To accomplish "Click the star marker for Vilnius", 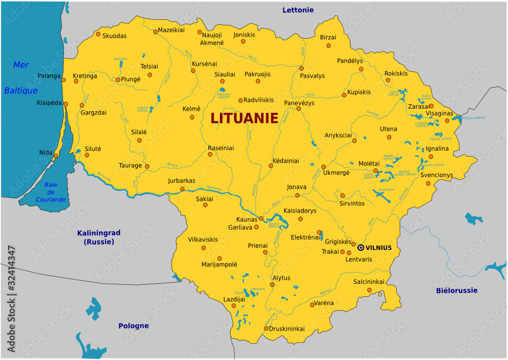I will coord(361,248).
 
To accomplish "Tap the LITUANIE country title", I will coord(244,118).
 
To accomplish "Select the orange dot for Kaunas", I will coord(261,219).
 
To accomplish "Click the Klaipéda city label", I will coord(49,102).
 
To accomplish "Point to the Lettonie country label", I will coord(298,10).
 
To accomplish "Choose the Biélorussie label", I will coord(457,290).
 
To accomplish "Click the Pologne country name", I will coord(134,325).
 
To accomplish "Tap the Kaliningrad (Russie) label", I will coord(99,237).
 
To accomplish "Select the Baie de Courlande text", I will coord(50,192).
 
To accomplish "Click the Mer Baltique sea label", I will coord(21,78).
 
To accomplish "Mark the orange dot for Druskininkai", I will coord(266,328).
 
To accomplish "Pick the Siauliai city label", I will coord(225,74).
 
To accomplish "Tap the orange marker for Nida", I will coord(56,156).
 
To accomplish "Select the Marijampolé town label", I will coord(219,264).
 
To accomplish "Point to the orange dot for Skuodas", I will coord(98,35).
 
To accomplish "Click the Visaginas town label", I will coord(439,113).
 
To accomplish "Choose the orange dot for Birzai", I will coord(328,45).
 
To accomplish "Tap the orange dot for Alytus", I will coord(272,284).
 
